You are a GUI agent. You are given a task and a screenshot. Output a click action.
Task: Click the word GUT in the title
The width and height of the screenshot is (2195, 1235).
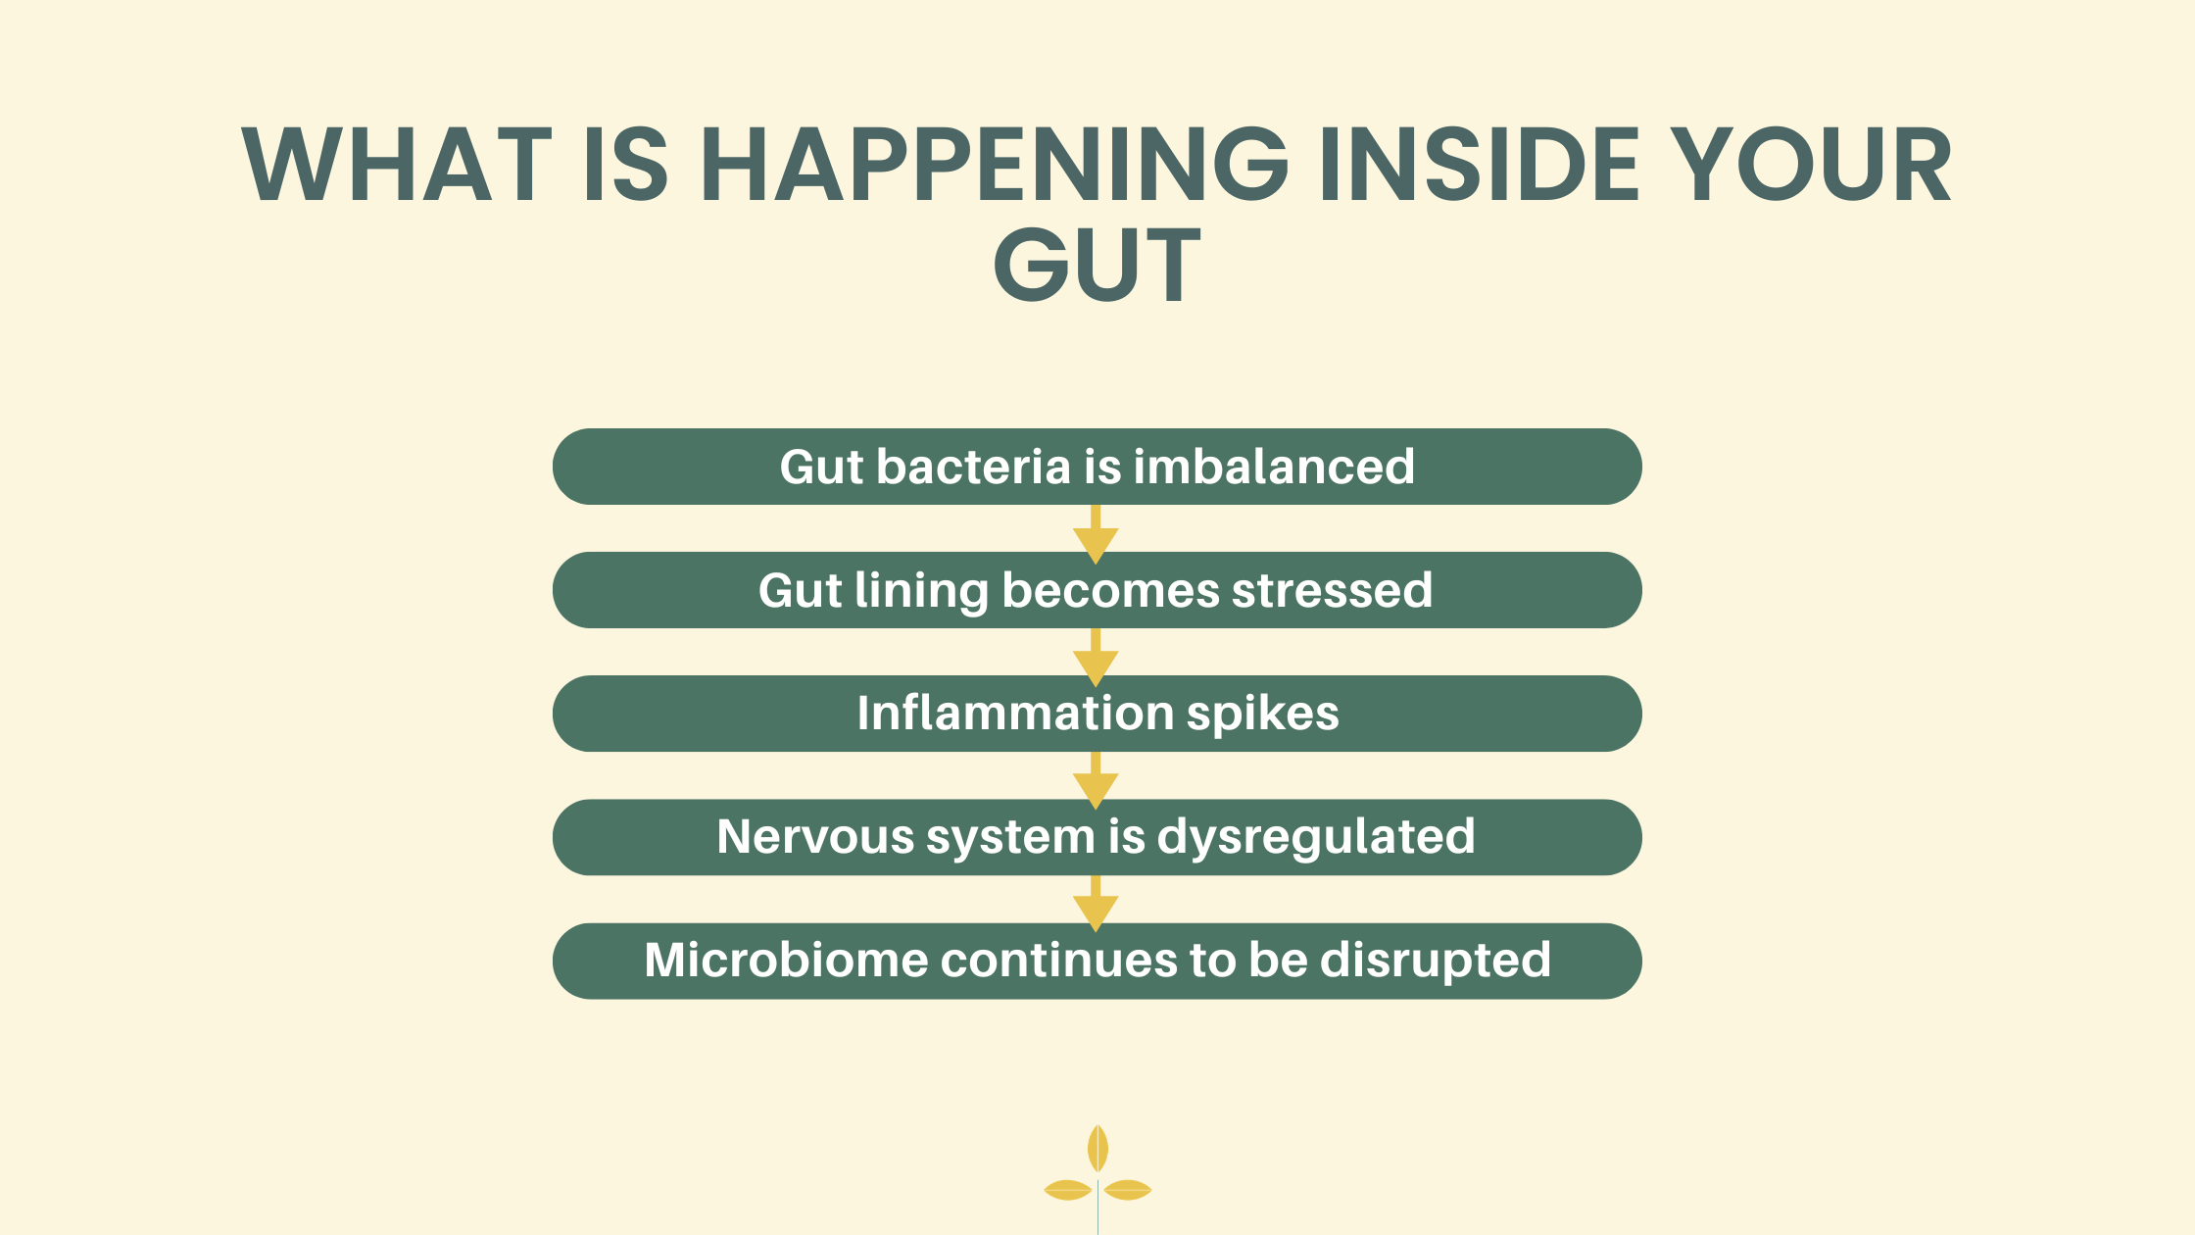click(x=1097, y=264)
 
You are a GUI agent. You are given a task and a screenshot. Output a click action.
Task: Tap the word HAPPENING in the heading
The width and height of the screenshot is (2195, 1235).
click(x=994, y=164)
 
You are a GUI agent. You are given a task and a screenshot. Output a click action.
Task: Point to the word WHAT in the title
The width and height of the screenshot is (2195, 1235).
click(x=397, y=164)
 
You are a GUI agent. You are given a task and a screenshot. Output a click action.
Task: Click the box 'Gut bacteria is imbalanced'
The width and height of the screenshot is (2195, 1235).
click(x=1097, y=467)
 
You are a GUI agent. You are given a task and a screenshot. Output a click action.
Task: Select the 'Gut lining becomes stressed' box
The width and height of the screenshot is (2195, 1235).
click(x=1097, y=590)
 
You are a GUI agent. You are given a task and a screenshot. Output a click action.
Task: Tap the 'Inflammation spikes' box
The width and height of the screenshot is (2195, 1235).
click(x=1097, y=714)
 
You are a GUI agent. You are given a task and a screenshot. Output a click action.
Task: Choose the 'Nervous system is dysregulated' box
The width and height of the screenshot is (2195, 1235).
click(x=1097, y=837)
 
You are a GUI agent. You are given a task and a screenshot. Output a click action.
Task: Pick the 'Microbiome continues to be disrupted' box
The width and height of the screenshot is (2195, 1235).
click(x=1097, y=961)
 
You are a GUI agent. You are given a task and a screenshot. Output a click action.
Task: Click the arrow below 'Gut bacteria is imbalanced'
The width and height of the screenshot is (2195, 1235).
click(x=1096, y=534)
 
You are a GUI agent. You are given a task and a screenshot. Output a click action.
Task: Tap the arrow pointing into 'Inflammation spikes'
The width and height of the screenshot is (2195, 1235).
click(x=1096, y=658)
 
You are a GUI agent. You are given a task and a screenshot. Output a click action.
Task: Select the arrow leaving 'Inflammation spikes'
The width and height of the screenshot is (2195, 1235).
click(x=1096, y=781)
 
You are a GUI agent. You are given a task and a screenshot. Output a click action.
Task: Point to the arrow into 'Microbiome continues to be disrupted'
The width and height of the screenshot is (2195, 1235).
click(x=1096, y=904)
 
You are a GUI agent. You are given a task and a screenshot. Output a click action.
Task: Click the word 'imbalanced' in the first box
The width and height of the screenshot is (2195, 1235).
click(x=1274, y=467)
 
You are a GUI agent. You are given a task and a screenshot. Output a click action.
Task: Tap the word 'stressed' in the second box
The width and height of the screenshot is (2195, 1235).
click(x=1332, y=590)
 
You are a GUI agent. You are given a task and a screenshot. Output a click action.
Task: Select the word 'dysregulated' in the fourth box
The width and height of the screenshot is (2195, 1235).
click(x=1316, y=838)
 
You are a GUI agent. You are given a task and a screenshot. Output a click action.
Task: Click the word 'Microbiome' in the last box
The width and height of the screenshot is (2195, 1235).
click(x=786, y=960)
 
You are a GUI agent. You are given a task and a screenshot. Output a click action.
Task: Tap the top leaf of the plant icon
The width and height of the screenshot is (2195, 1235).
click(x=1097, y=1148)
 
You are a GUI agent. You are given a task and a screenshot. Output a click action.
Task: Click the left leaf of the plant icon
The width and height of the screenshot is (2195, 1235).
click(x=1068, y=1190)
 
